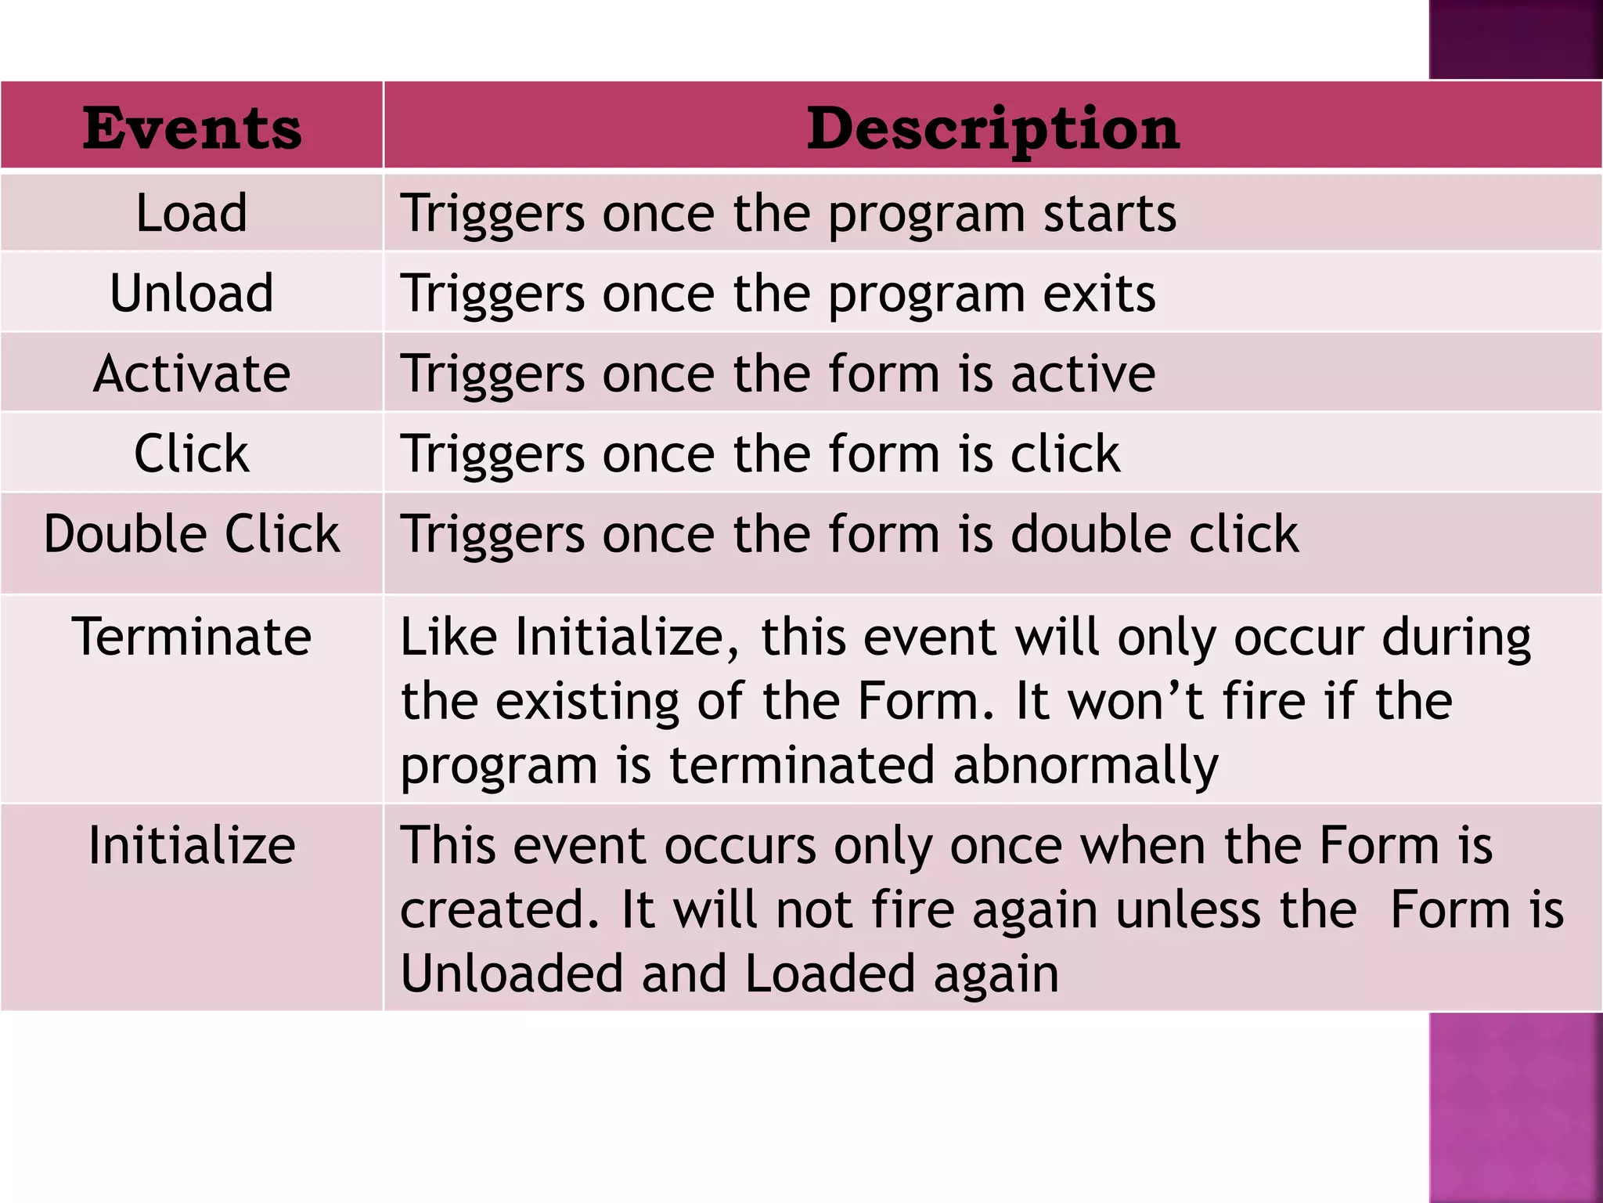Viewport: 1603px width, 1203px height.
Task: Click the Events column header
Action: pos(192,128)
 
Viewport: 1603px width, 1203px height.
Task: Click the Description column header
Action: pos(992,128)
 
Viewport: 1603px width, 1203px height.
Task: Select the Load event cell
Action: pos(192,212)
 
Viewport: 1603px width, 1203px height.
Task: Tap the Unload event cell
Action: pos(192,293)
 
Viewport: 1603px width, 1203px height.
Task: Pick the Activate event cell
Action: pos(192,373)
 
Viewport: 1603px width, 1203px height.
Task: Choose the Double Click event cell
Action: pos(192,534)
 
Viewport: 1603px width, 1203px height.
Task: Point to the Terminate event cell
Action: pos(192,636)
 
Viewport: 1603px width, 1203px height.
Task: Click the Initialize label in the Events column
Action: pos(192,845)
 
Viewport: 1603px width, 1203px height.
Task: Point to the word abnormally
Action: pos(1086,765)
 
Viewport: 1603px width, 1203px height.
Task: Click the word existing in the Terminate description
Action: pos(587,701)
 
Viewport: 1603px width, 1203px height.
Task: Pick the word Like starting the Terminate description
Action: pos(448,636)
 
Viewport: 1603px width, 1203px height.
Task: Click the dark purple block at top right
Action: pos(1515,39)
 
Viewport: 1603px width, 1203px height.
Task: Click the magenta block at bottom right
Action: pos(1515,1107)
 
